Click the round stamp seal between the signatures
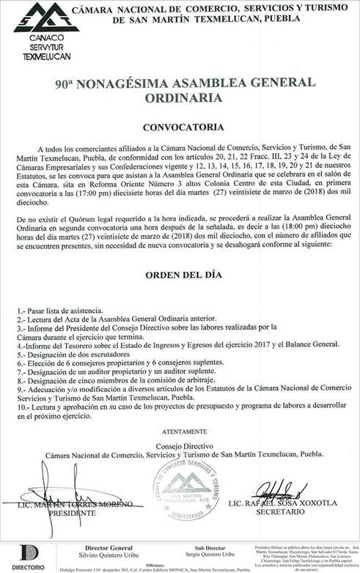(x=186, y=490)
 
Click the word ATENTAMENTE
(x=179, y=432)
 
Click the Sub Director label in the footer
(x=205, y=547)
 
